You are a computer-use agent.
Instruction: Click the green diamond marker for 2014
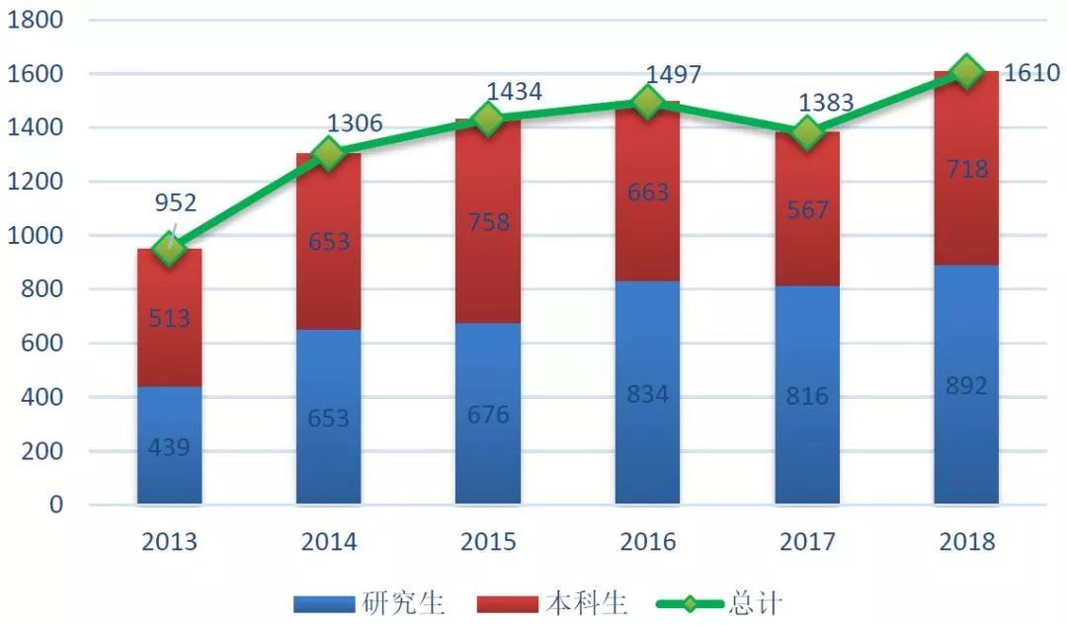tap(328, 154)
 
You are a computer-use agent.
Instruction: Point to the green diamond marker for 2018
tap(966, 71)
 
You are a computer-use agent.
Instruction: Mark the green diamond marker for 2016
tap(647, 102)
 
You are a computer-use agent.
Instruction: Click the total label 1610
tap(1031, 73)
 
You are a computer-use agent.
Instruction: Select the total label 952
tap(175, 203)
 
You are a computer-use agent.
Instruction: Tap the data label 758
tap(488, 222)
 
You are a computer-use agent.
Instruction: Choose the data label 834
tap(647, 394)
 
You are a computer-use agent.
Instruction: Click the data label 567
tap(807, 209)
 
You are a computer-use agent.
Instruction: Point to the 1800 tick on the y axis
tap(36, 20)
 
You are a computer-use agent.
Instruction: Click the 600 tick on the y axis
tap(42, 344)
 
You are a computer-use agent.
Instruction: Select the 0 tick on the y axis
tap(55, 505)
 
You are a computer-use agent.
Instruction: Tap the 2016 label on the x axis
tap(647, 542)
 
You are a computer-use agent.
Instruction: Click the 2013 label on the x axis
tap(170, 542)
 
